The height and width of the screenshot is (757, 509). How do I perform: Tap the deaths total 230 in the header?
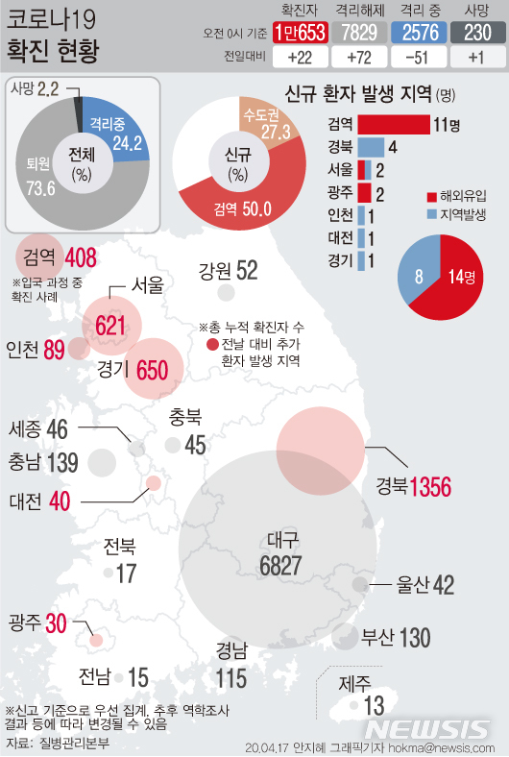click(x=475, y=33)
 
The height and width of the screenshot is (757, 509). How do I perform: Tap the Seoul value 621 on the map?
click(x=111, y=327)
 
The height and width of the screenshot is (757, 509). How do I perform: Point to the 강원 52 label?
click(x=229, y=271)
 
